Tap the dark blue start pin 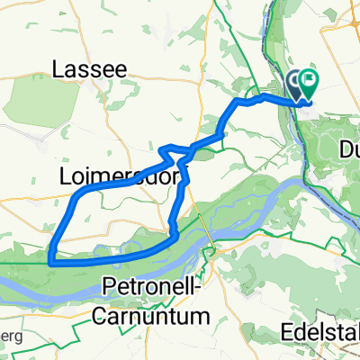tap(296, 85)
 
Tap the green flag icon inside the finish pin tap(309, 81)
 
